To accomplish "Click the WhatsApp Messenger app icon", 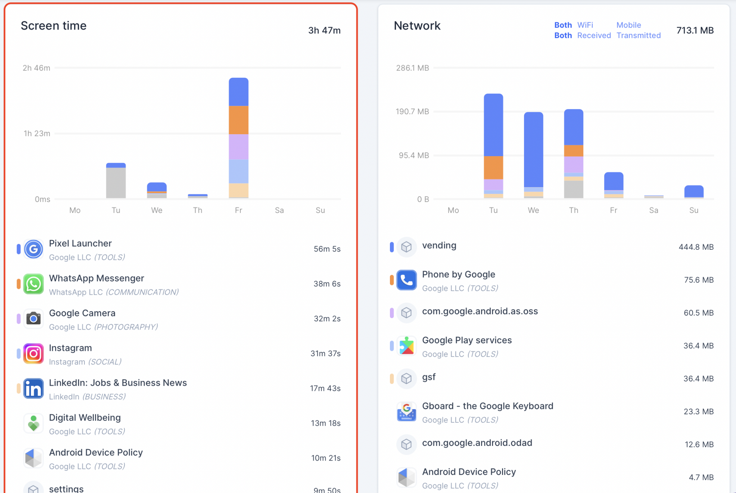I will pyautogui.click(x=33, y=284).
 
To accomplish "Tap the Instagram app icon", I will pyautogui.click(x=33, y=354).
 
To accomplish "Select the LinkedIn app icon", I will pyautogui.click(x=33, y=389).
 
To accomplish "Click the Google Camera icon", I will pyautogui.click(x=33, y=319).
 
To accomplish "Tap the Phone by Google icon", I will pyautogui.click(x=406, y=280).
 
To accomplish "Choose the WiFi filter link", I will pyautogui.click(x=585, y=25).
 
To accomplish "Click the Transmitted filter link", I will pyautogui.click(x=639, y=36).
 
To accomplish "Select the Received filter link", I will pyautogui.click(x=594, y=36).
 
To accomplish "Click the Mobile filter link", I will pyautogui.click(x=629, y=25).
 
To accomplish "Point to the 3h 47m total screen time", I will pyautogui.click(x=324, y=31).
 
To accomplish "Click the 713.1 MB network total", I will pyautogui.click(x=695, y=31).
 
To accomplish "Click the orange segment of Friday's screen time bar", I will pyautogui.click(x=239, y=120).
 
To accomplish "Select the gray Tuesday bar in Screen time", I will pyautogui.click(x=116, y=183).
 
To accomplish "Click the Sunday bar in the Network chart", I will pyautogui.click(x=694, y=191).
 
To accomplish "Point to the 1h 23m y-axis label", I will pyautogui.click(x=37, y=134).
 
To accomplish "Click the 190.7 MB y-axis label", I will pyautogui.click(x=412, y=112).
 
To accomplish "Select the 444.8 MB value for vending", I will pyautogui.click(x=696, y=247).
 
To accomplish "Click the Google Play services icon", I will pyautogui.click(x=406, y=346).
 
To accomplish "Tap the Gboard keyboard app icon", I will pyautogui.click(x=406, y=412).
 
